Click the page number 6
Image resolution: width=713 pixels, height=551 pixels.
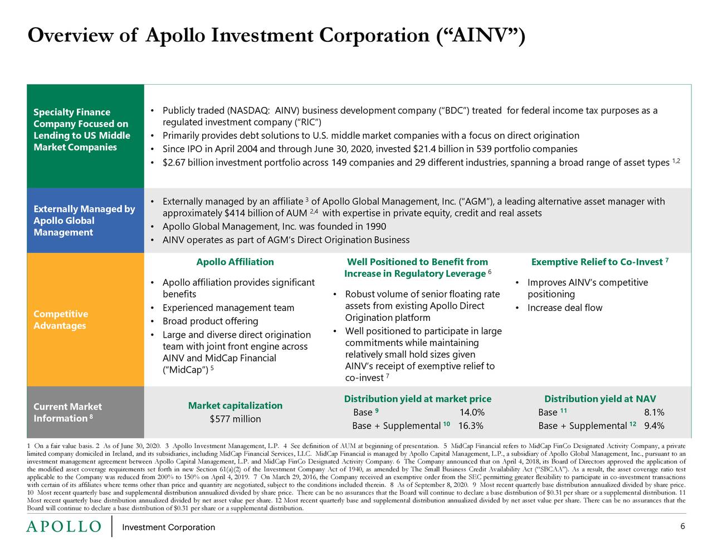(682, 527)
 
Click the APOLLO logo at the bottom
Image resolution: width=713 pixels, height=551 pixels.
(64, 527)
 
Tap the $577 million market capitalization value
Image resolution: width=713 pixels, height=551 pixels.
(235, 419)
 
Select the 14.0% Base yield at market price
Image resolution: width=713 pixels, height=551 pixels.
(471, 412)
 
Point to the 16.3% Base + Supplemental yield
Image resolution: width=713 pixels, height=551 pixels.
(470, 426)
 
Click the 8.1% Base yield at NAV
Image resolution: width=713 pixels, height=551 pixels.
(653, 412)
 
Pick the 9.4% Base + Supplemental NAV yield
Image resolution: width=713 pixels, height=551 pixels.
(653, 426)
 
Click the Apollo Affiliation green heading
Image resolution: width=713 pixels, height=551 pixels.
(235, 262)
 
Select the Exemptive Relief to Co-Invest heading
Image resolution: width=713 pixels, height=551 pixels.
(597, 262)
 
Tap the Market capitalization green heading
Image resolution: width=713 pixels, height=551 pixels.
(235, 405)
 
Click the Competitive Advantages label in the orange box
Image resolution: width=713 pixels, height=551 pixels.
(61, 320)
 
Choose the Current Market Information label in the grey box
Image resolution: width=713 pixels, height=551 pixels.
(67, 412)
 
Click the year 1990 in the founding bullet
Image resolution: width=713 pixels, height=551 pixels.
(375, 227)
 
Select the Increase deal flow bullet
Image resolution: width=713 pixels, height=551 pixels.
(564, 308)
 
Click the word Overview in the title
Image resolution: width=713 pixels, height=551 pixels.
(70, 36)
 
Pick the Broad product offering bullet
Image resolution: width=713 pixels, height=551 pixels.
(210, 321)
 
